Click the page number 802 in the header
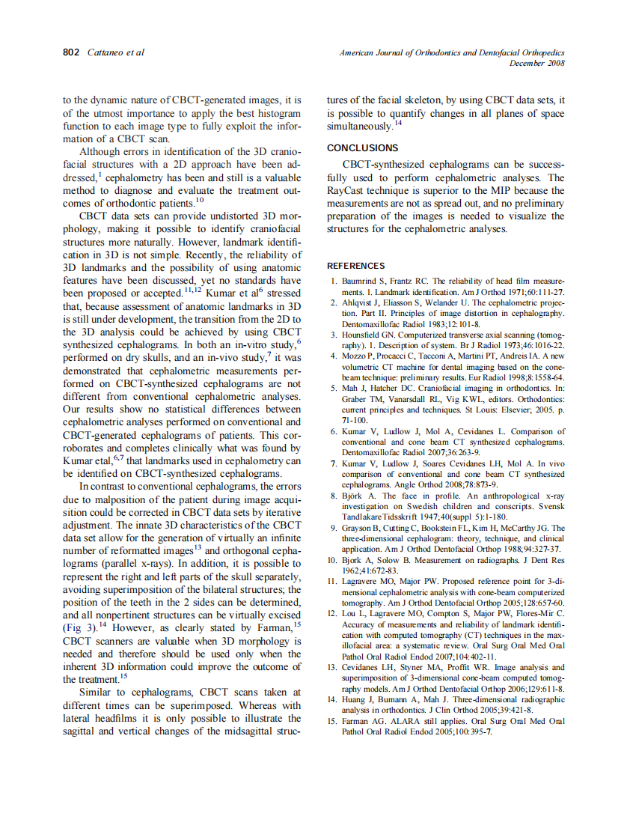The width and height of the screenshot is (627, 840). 72,52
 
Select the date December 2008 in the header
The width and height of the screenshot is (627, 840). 536,63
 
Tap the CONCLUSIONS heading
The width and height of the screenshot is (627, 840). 363,148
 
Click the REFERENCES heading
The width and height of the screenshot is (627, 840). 356,266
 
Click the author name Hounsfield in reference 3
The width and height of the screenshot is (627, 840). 364,335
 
